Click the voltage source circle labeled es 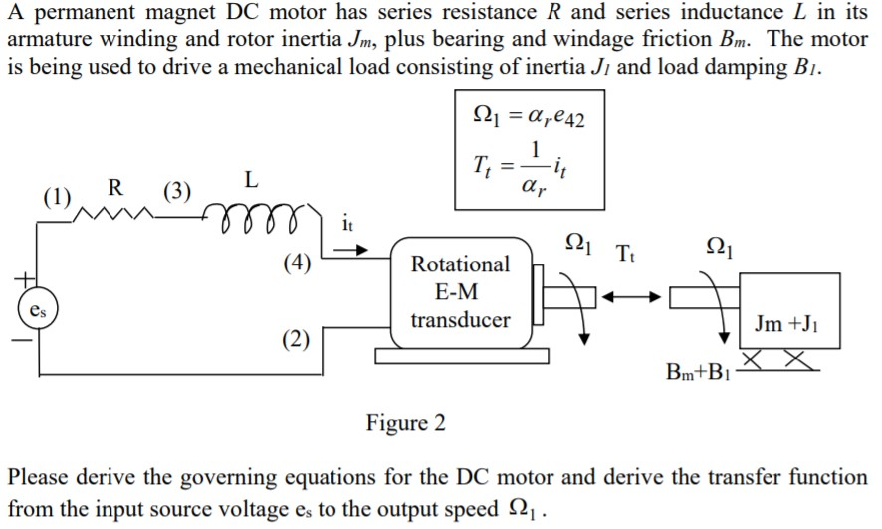click(x=36, y=311)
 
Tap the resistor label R click(x=116, y=186)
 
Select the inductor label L click(x=251, y=180)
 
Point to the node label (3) click(x=177, y=192)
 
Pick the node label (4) click(x=296, y=264)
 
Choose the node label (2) click(x=296, y=340)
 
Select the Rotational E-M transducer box click(x=460, y=292)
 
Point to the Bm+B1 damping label click(x=699, y=375)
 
